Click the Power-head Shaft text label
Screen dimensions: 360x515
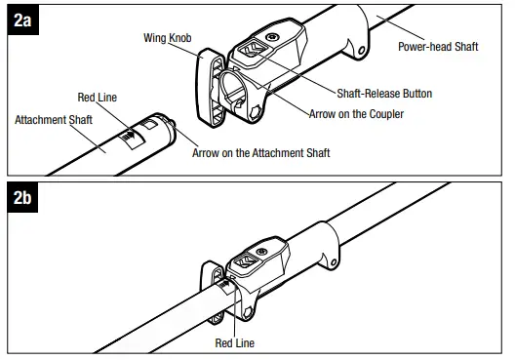pos(438,47)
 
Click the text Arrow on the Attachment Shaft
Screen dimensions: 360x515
pos(261,153)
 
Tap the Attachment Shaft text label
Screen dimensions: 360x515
pos(53,120)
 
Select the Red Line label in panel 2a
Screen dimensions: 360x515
pos(99,98)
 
